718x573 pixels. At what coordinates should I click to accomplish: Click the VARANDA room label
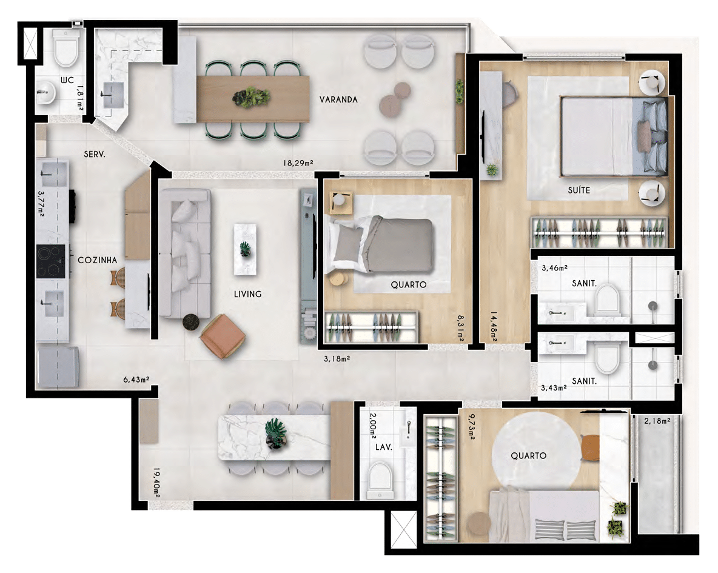tap(338, 99)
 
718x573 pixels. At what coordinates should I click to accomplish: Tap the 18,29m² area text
tap(298, 163)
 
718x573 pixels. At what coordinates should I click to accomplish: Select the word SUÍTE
tap(579, 190)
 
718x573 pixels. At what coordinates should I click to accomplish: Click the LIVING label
tap(248, 294)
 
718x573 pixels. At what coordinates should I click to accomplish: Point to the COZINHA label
tap(98, 260)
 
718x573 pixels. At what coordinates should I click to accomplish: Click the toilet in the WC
tap(66, 48)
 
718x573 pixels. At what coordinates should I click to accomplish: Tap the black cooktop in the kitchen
tap(51, 261)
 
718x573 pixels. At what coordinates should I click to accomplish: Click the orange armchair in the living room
tap(223, 336)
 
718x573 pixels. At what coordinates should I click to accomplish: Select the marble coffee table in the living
tap(246, 249)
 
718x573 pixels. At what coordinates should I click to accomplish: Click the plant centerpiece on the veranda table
tap(251, 97)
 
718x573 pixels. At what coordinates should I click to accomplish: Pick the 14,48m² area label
tap(494, 326)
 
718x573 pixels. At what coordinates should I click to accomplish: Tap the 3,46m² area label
tap(554, 268)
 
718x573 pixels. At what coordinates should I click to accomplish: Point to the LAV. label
tap(384, 447)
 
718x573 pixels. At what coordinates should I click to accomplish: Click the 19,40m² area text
tap(156, 483)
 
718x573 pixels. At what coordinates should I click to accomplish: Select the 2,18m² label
tap(657, 420)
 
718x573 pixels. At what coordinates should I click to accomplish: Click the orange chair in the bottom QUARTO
tap(590, 447)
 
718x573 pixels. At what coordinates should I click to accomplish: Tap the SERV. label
tap(95, 155)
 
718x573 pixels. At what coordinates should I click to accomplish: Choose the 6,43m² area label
tap(136, 379)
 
